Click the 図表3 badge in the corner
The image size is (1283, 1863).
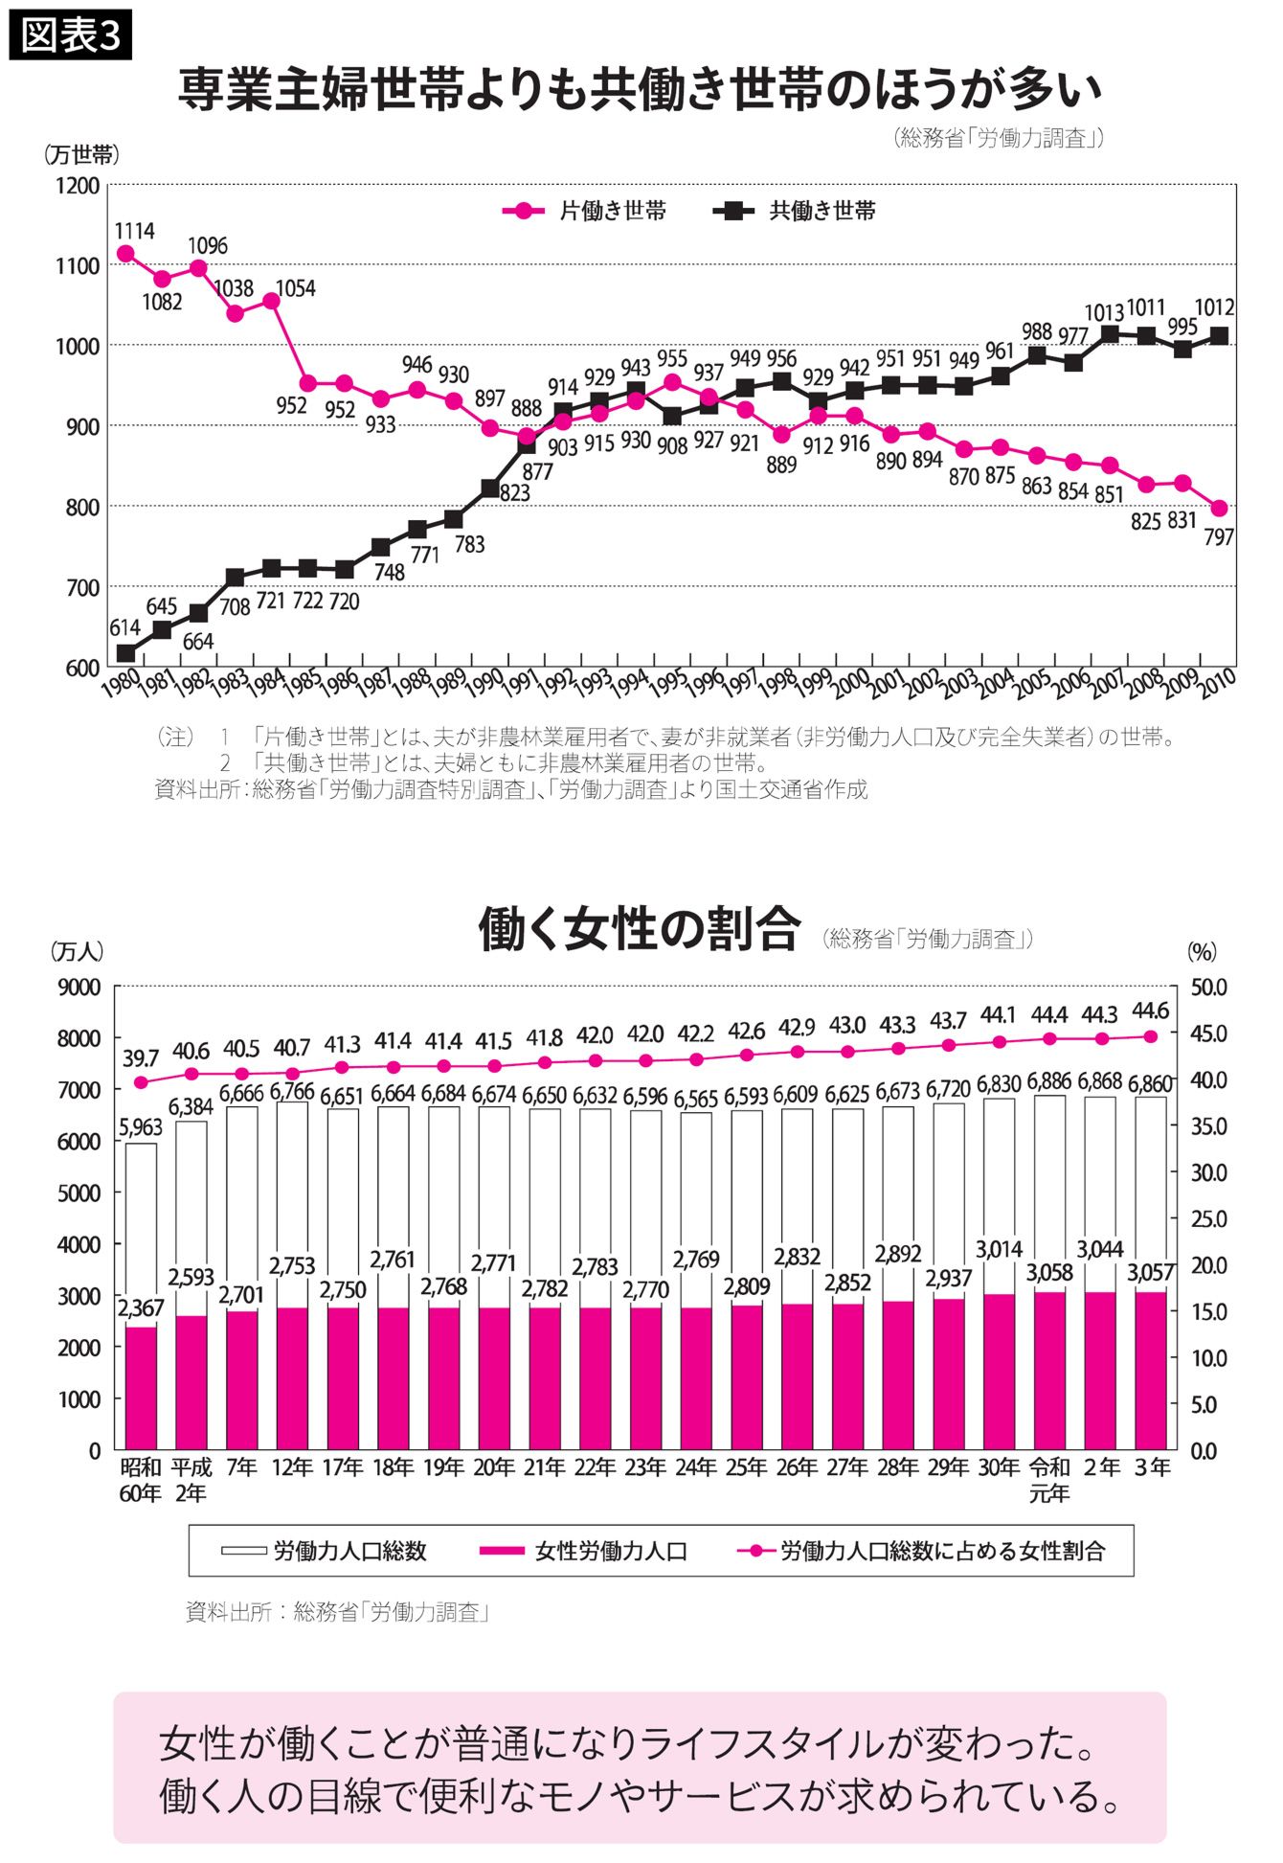[x=70, y=35]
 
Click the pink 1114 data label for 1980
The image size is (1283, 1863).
[x=134, y=231]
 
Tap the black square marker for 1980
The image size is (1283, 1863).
[x=125, y=653]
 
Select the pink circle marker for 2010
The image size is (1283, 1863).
[x=1219, y=509]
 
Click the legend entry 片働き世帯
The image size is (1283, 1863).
[x=584, y=212]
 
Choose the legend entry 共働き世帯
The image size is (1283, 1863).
[x=795, y=212]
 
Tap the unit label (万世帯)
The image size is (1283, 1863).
[x=81, y=154]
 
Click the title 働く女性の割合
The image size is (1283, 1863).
[x=639, y=929]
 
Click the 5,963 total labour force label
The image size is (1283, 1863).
[x=141, y=1127]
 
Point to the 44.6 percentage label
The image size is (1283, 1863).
[x=1150, y=1011]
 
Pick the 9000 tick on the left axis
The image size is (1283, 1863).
[x=79, y=987]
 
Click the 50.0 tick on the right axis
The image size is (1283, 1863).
[x=1208, y=987]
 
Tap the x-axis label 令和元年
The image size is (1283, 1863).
[x=1049, y=1480]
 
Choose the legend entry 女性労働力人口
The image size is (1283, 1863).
[x=583, y=1551]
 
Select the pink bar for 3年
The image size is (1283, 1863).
[x=1150, y=1370]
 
